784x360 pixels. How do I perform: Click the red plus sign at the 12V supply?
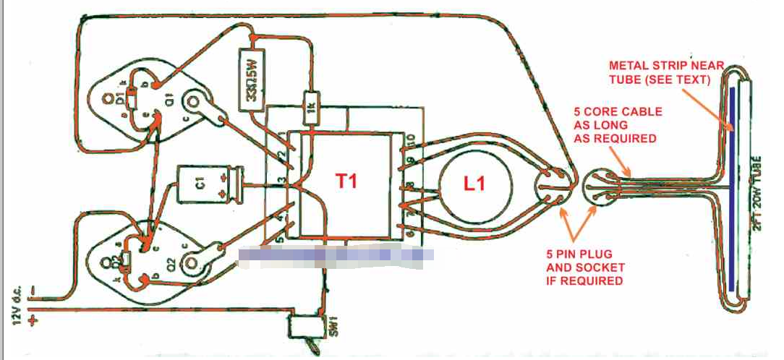click(x=32, y=320)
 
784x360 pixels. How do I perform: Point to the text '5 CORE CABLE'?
click(x=618, y=112)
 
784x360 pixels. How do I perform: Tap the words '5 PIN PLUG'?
click(x=581, y=254)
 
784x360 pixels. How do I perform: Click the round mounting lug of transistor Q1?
click(x=196, y=101)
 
